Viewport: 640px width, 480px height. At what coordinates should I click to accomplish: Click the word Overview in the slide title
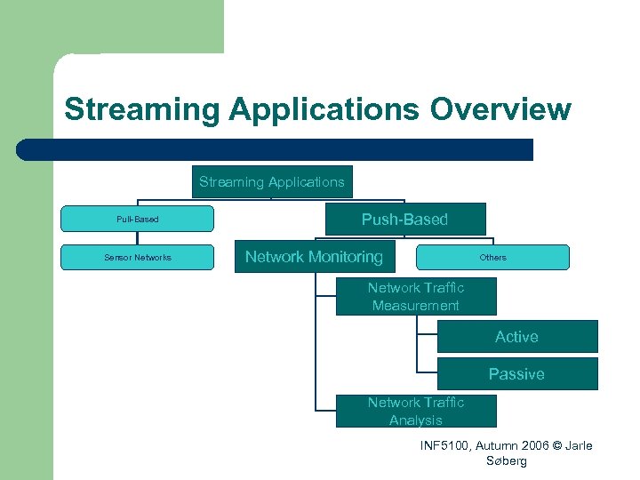pyautogui.click(x=500, y=109)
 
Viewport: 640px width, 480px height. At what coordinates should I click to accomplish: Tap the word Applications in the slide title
pyautogui.click(x=325, y=109)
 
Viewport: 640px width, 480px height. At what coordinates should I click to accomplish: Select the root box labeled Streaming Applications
pyautogui.click(x=272, y=182)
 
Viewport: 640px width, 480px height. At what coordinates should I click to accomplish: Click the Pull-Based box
pyautogui.click(x=137, y=219)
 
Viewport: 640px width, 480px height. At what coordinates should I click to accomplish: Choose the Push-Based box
pyautogui.click(x=404, y=219)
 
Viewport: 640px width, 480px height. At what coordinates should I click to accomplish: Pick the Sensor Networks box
pyautogui.click(x=137, y=257)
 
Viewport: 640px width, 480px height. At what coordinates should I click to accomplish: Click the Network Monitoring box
pyautogui.click(x=314, y=257)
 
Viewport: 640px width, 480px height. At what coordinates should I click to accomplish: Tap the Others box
pyautogui.click(x=492, y=257)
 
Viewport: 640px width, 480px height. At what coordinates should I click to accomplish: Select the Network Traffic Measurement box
pyautogui.click(x=415, y=296)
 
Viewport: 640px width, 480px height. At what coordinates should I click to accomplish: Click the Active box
pyautogui.click(x=516, y=337)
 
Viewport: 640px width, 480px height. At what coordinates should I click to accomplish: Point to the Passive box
pyautogui.click(x=516, y=374)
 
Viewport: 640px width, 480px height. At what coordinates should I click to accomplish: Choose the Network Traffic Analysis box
pyautogui.click(x=415, y=412)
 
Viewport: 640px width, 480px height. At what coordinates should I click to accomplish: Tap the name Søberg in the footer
pyautogui.click(x=507, y=461)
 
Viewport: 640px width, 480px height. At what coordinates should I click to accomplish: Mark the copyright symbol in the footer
pyautogui.click(x=556, y=445)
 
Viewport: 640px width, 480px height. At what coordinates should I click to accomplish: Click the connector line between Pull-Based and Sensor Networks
pyautogui.click(x=137, y=238)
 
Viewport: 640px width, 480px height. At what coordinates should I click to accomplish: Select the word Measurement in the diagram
pyautogui.click(x=415, y=306)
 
